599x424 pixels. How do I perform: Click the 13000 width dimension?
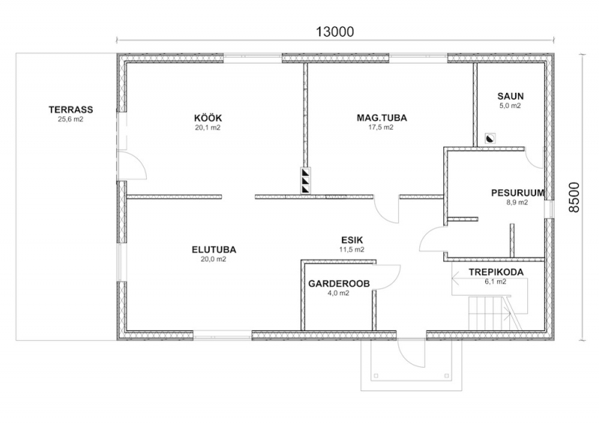[x=335, y=31]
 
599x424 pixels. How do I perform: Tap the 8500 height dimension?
[x=574, y=197]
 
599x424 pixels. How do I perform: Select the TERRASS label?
[x=70, y=109]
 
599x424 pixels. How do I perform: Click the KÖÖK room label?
[x=208, y=118]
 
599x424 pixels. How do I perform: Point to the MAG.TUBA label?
[x=382, y=118]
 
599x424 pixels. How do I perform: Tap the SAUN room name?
[x=511, y=97]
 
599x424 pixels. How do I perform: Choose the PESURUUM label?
[x=517, y=193]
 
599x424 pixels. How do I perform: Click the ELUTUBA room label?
[x=214, y=249]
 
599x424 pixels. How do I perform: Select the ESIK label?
[x=352, y=240]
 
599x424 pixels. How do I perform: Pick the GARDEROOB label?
[x=339, y=284]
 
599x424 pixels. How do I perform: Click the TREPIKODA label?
[x=496, y=272]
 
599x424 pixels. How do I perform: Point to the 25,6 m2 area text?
[x=70, y=119]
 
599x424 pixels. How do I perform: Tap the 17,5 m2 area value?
[x=381, y=127]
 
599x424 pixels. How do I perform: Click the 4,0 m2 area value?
[x=338, y=293]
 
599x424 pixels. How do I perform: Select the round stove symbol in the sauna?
[x=490, y=138]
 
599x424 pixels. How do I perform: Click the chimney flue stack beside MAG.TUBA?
[x=305, y=180]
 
